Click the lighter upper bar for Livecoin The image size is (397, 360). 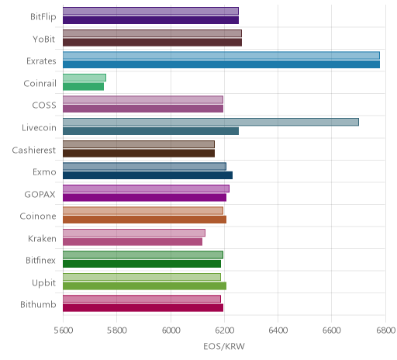211,122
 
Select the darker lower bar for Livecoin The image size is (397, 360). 150,131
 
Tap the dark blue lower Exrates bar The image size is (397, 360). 221,64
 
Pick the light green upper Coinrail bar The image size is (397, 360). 85,78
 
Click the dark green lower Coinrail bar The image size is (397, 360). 83,87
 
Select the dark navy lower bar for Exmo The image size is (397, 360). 147,175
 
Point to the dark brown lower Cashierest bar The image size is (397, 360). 139,153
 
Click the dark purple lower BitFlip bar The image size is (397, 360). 150,20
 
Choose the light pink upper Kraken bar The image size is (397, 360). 134,233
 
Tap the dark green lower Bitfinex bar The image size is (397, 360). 142,264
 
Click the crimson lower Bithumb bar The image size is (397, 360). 143,308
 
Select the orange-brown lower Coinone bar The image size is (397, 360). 144,220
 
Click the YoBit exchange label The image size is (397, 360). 44,39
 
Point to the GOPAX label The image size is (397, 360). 40,194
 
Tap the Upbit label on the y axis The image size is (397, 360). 43,283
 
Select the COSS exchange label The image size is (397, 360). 44,106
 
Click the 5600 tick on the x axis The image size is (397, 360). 64,331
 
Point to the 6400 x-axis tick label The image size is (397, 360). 278,331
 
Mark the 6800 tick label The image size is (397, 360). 385,331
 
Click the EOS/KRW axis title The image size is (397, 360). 224,346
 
